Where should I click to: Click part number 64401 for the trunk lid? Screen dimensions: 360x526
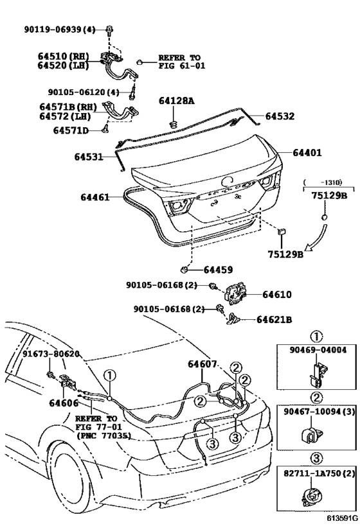pyautogui.click(x=307, y=153)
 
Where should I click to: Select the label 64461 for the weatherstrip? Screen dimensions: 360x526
pyautogui.click(x=95, y=197)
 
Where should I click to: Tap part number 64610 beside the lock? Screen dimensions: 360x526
pyautogui.click(x=277, y=295)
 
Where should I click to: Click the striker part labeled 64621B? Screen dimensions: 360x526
pyautogui.click(x=234, y=318)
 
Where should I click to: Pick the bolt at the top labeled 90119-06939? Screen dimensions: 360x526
pyautogui.click(x=110, y=30)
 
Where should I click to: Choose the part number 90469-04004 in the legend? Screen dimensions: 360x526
pyautogui.click(x=318, y=350)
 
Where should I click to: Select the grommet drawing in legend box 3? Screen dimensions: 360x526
pyautogui.click(x=311, y=496)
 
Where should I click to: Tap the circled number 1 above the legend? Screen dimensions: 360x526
pyautogui.click(x=316, y=337)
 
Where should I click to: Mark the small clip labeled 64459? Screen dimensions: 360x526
pyautogui.click(x=184, y=269)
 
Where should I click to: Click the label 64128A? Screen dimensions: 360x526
pyautogui.click(x=176, y=101)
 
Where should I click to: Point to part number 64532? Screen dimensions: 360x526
pyautogui.click(x=280, y=116)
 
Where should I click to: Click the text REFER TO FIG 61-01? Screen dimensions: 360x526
pyautogui.click(x=181, y=62)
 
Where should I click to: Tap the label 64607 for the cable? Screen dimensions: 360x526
pyautogui.click(x=202, y=364)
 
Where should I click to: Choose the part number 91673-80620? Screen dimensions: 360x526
pyautogui.click(x=51, y=354)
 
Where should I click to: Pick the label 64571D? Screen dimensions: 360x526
pyautogui.click(x=71, y=130)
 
